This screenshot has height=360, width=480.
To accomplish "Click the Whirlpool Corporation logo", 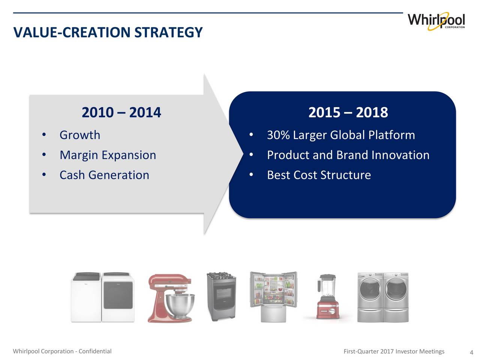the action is [436, 21].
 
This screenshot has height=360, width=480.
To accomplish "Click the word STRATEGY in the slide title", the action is [168, 32].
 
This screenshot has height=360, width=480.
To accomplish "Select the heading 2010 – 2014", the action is [121, 112].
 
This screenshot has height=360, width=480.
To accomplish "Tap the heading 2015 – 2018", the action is [348, 112].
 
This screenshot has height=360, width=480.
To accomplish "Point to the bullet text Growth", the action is [80, 135].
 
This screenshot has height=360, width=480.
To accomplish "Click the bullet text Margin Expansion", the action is [108, 155].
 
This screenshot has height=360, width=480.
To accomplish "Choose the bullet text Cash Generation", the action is [105, 175].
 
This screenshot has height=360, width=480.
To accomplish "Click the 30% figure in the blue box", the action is [278, 135].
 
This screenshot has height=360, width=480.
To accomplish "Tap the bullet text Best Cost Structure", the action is [319, 175].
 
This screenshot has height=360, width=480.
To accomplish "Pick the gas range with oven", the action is [221, 296].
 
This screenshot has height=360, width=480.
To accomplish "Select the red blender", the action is [328, 296].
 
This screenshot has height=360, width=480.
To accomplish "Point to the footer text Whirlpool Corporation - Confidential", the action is [62, 351].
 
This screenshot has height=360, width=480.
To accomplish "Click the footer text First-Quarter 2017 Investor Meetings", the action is [394, 351].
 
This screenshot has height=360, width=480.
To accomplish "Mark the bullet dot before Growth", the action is [44, 135].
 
